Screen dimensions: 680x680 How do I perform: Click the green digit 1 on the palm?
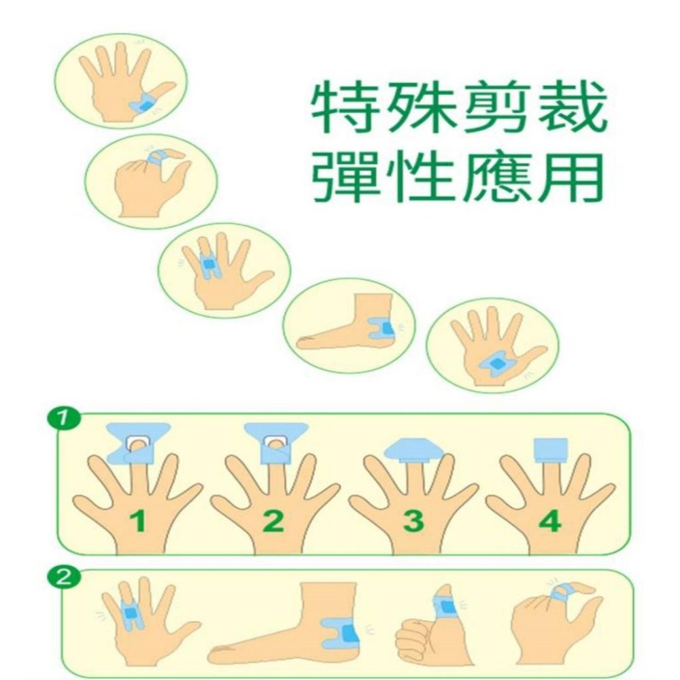click(x=138, y=522)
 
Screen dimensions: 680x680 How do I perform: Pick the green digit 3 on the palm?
click(x=413, y=522)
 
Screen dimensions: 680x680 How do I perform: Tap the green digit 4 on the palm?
click(x=549, y=522)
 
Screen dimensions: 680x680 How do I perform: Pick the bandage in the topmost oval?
click(x=144, y=105)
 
